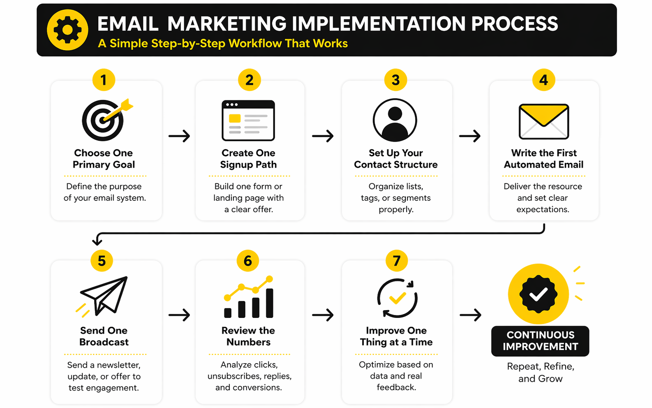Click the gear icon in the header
(67, 30)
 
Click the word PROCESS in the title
(514, 23)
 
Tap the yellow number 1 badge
(104, 80)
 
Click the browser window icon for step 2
(248, 121)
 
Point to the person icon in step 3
(395, 120)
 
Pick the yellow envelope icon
(544, 121)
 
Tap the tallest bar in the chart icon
(270, 303)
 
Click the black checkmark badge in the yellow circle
(539, 294)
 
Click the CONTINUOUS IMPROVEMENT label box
(540, 341)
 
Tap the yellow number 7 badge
(397, 261)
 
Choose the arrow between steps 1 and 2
(179, 136)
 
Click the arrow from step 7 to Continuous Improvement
(470, 315)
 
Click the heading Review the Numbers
(248, 336)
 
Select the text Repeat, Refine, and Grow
(541, 372)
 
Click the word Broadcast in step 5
(104, 342)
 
